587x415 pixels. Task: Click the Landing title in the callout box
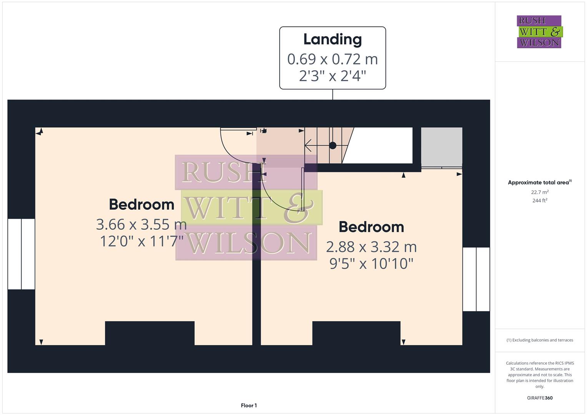(x=333, y=40)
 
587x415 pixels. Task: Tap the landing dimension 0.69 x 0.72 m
(x=333, y=59)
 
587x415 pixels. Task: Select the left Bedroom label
(x=141, y=204)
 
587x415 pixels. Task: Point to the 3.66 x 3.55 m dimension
(x=141, y=224)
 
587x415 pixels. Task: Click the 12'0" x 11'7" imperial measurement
(x=141, y=241)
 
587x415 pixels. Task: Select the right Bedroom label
(x=371, y=227)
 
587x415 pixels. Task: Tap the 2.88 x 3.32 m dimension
(x=371, y=247)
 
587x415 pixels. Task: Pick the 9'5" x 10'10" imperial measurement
(x=371, y=264)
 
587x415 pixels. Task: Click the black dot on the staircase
(x=333, y=146)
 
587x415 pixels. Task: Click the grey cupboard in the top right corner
(x=441, y=147)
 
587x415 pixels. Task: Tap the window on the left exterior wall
(x=22, y=254)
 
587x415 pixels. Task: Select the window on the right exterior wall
(x=476, y=279)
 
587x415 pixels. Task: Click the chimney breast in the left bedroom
(x=150, y=333)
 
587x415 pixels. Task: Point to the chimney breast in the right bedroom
(x=356, y=333)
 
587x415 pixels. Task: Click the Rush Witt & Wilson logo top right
(x=539, y=32)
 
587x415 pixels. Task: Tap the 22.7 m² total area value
(x=540, y=192)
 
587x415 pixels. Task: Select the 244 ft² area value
(x=540, y=201)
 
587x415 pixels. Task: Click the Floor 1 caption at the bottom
(x=249, y=405)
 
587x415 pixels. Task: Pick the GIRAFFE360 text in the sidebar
(x=540, y=398)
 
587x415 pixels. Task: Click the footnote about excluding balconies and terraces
(x=540, y=340)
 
